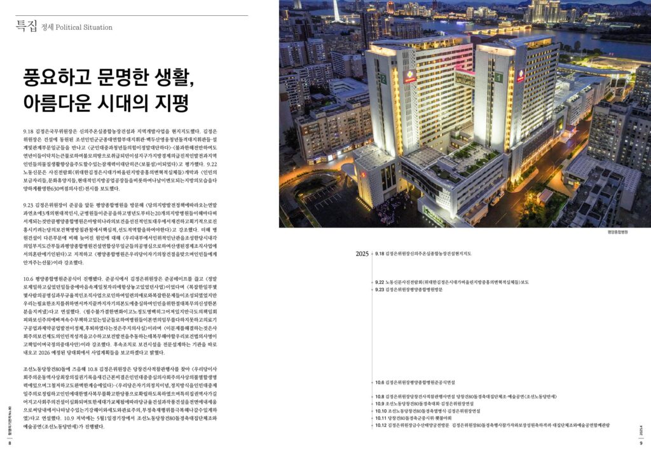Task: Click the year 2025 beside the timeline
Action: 362,254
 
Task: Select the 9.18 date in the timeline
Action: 380,254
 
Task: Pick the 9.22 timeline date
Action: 380,282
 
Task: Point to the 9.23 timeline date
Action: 380,290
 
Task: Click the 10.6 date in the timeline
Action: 380,382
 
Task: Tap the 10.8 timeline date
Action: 380,396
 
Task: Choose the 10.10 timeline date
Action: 381,411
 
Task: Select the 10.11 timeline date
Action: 381,418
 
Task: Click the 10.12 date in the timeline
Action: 381,425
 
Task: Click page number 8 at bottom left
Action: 10,443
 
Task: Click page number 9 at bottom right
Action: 641,443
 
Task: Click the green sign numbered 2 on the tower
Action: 383,79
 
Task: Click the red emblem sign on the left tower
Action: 410,76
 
